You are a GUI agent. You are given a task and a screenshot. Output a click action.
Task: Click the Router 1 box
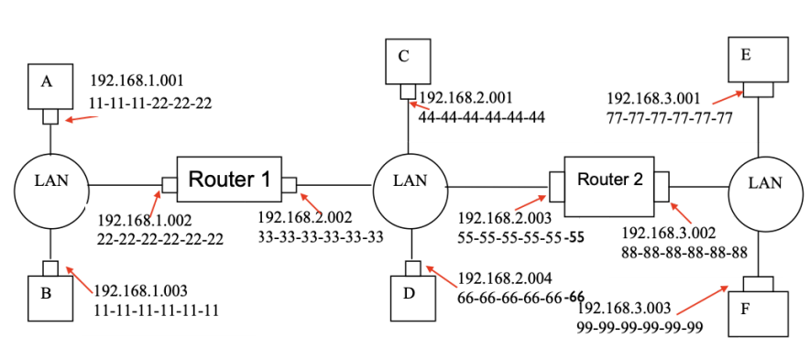228,180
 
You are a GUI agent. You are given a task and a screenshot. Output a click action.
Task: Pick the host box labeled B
49,297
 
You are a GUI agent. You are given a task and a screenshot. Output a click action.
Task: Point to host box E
757,60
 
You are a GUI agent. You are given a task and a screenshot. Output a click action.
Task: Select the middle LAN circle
410,181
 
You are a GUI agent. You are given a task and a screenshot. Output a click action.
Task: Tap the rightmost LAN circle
764,183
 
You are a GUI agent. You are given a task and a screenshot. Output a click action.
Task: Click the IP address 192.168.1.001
137,81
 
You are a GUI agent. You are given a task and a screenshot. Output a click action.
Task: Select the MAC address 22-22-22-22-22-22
160,240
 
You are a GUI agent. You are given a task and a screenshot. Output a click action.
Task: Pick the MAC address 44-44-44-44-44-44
481,117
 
